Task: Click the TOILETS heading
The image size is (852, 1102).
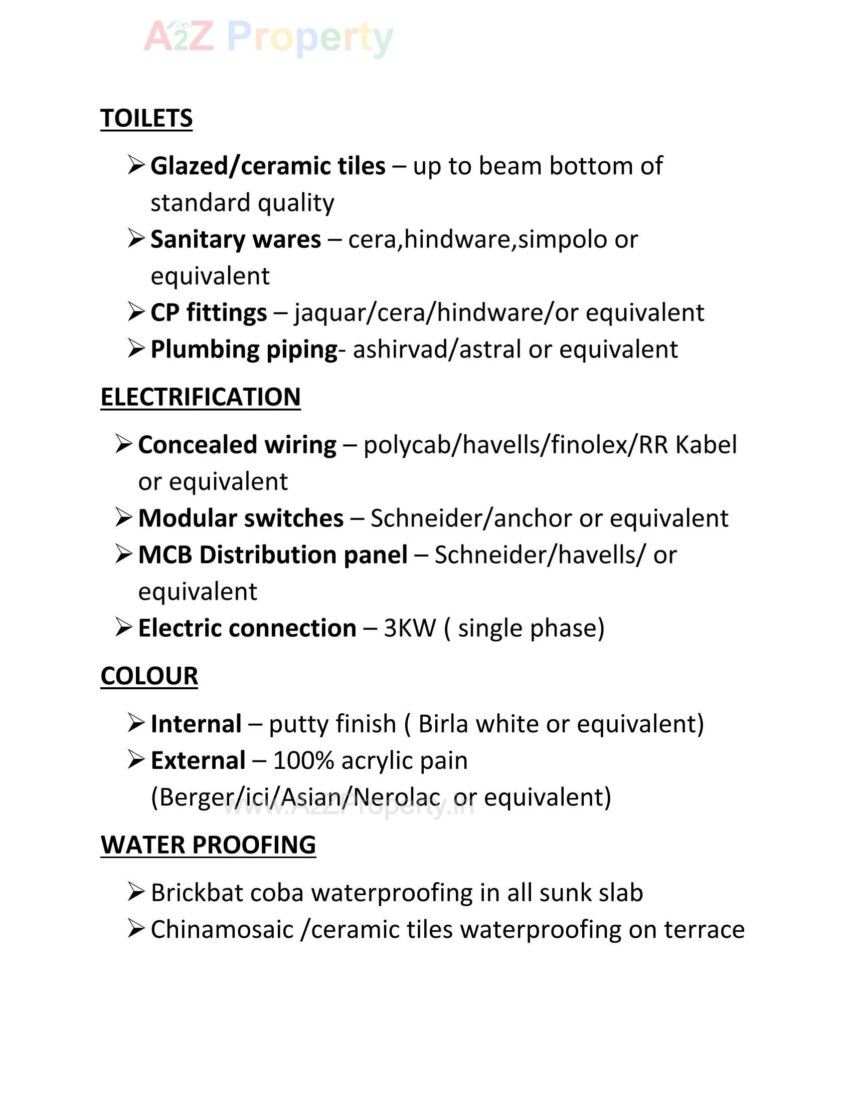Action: pyautogui.click(x=146, y=118)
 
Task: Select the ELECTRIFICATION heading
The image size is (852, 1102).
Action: pyautogui.click(x=201, y=397)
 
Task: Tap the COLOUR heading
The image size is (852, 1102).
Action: pyautogui.click(x=149, y=676)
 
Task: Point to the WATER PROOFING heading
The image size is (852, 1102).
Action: pyautogui.click(x=208, y=845)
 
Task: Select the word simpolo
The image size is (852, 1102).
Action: pyautogui.click(x=563, y=239)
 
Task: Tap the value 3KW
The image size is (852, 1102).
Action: pyautogui.click(x=409, y=628)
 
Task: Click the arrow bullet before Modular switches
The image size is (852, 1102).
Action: pyautogui.click(x=124, y=517)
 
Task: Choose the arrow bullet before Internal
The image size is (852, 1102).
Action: pyautogui.click(x=136, y=722)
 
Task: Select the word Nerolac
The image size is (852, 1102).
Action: pyautogui.click(x=397, y=797)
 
